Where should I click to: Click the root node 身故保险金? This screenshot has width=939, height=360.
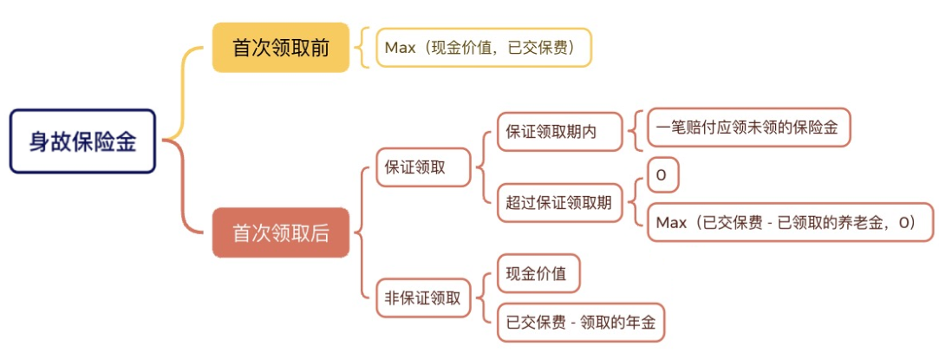pos(82,141)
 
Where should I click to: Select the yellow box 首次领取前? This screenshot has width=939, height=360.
pos(280,48)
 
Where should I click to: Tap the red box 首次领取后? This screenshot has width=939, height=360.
pos(280,232)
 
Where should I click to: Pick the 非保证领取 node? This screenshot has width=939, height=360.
pos(423,299)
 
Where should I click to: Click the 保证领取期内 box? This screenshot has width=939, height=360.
pos(559,133)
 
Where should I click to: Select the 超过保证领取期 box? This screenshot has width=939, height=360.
pos(559,203)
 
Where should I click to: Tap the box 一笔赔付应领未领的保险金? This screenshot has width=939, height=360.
pos(747,127)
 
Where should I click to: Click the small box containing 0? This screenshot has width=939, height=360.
pos(662,176)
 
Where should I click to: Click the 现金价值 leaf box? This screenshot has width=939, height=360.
pos(537,274)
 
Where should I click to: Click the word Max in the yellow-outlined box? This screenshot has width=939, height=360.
pos(401,48)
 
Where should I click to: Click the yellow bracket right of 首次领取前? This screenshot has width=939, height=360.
pos(362,48)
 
